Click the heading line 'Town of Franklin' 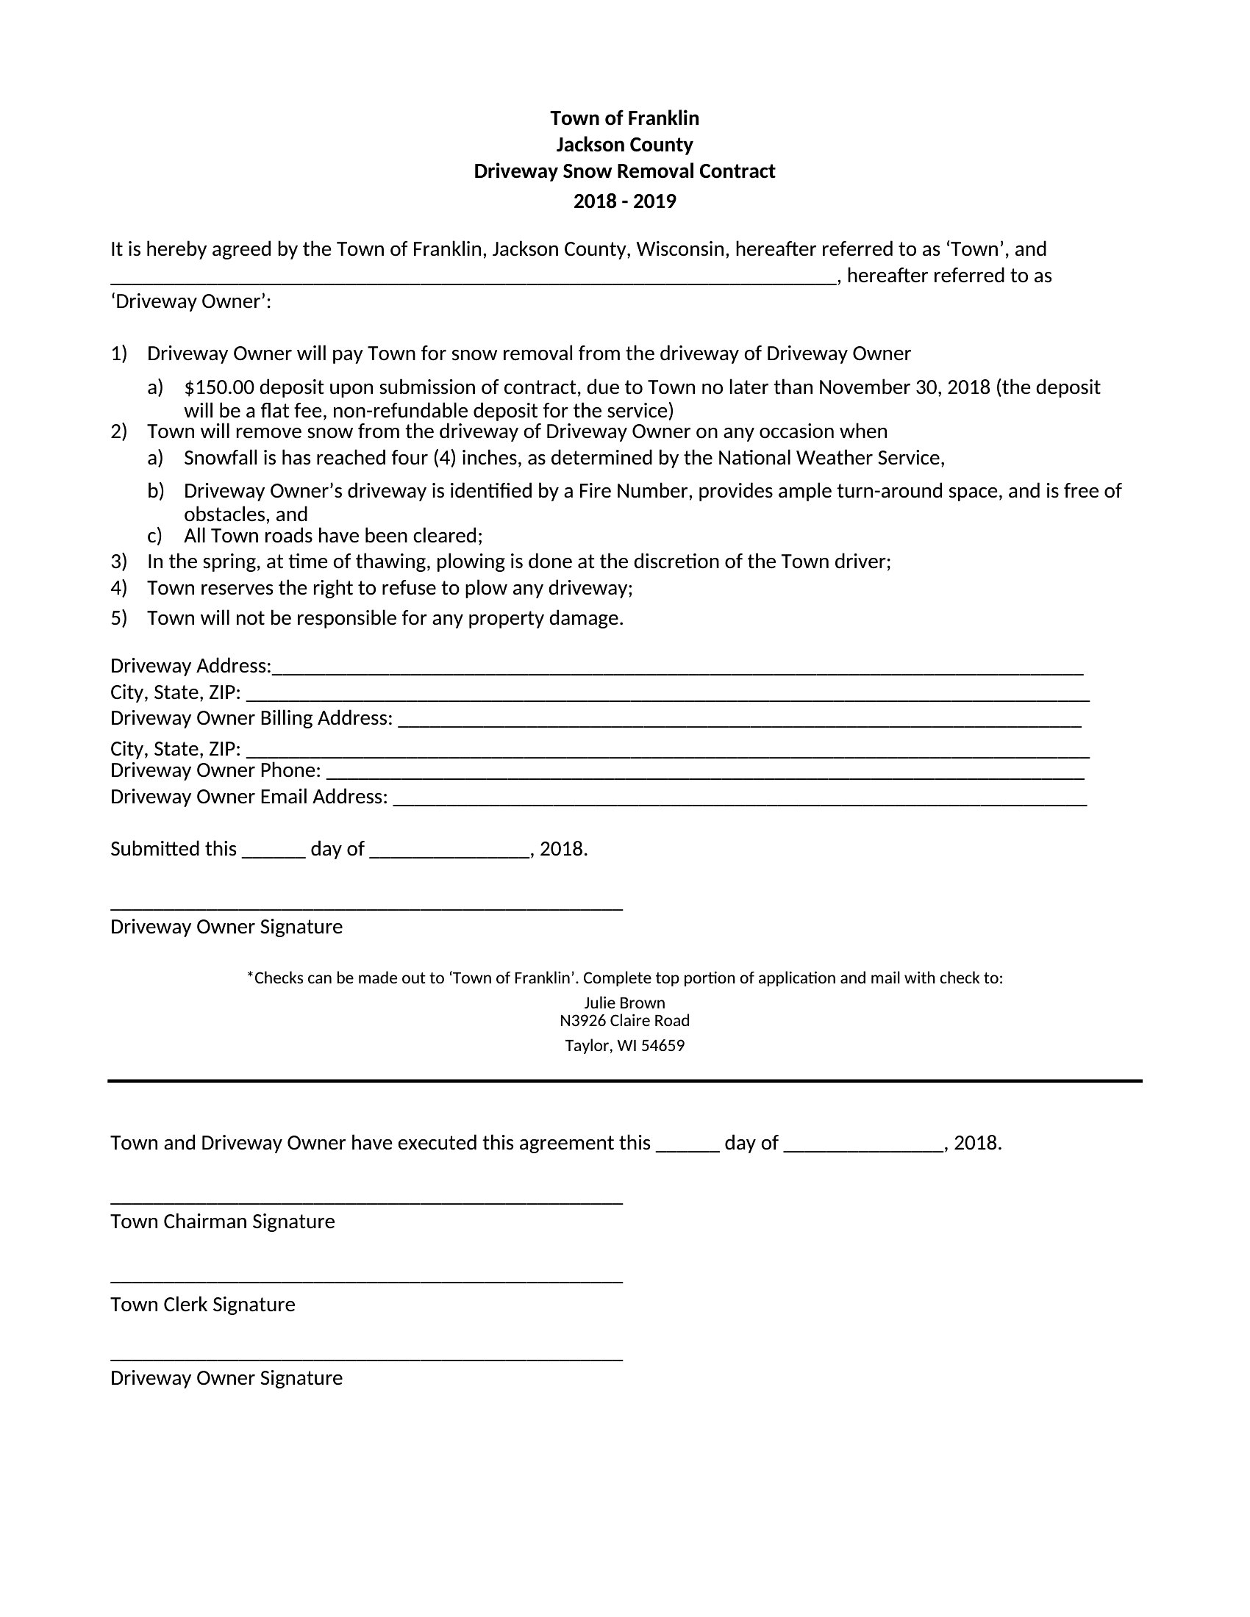(624, 118)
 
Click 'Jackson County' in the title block (624, 145)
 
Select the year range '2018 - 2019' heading (624, 201)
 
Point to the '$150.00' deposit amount (218, 388)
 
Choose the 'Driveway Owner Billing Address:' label (251, 719)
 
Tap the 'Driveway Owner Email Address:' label (249, 797)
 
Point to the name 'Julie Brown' (624, 1003)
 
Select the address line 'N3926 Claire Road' (624, 1021)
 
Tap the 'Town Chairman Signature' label (222, 1222)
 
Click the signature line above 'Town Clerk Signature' (367, 1282)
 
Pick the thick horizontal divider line (624, 1081)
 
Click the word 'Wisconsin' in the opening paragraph (679, 249)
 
